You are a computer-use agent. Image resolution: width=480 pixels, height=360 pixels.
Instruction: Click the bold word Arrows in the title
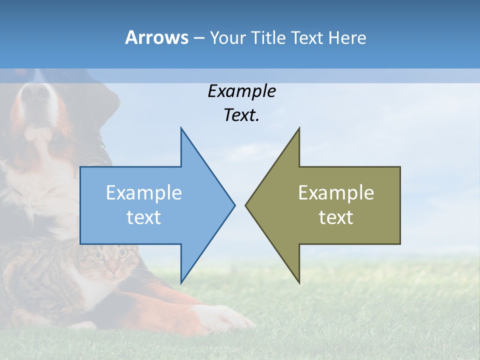click(x=156, y=37)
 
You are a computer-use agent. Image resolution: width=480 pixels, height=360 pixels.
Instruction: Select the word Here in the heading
click(x=347, y=38)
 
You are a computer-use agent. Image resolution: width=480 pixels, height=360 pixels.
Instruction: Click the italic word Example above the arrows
click(x=241, y=91)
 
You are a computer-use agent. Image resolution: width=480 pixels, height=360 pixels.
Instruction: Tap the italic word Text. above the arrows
click(x=241, y=115)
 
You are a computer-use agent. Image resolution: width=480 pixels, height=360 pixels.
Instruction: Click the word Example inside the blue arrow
click(x=144, y=193)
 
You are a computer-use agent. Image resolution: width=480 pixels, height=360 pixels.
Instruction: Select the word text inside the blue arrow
click(x=144, y=217)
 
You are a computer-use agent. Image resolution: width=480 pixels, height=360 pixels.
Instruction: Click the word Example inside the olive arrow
click(x=336, y=193)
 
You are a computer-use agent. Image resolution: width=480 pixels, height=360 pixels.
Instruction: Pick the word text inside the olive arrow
click(x=336, y=217)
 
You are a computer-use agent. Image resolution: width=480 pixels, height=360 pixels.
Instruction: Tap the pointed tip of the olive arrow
click(x=246, y=205)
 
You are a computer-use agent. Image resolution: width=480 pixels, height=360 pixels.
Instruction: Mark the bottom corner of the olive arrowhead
click(x=299, y=282)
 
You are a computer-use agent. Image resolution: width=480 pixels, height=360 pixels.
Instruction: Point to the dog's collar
click(x=102, y=150)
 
